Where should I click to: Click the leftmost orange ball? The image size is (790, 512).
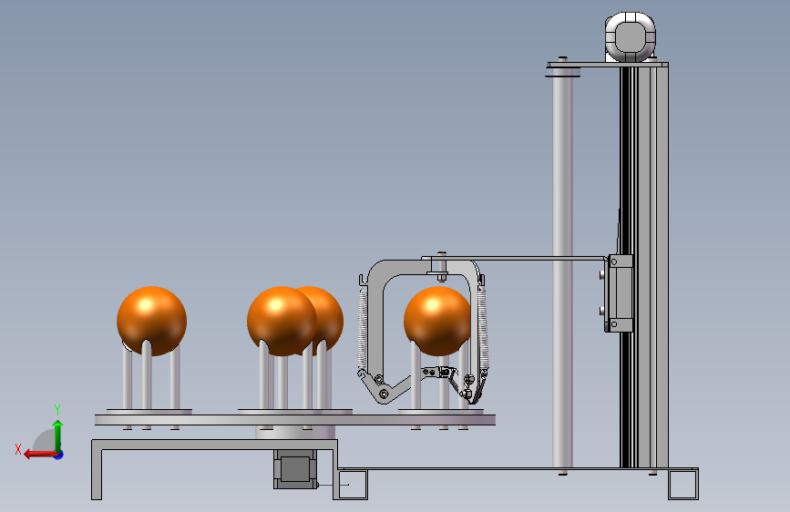click(x=151, y=321)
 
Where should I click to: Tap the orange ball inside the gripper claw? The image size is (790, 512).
click(x=437, y=321)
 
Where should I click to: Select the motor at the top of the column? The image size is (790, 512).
click(x=631, y=37)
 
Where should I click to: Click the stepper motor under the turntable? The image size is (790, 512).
click(x=295, y=468)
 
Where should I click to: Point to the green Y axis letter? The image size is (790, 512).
click(x=57, y=409)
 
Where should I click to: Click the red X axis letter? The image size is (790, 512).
click(x=18, y=449)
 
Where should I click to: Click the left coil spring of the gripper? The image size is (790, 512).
click(x=363, y=329)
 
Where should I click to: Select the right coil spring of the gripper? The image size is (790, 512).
click(x=482, y=329)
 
